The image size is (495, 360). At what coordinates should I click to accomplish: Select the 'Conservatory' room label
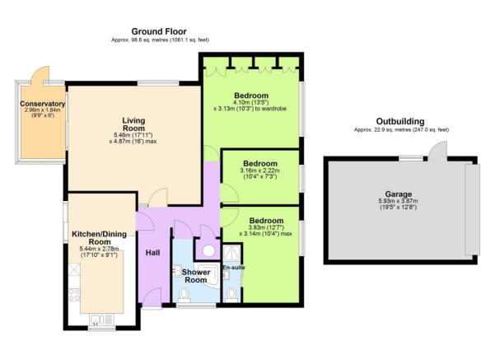point(43,105)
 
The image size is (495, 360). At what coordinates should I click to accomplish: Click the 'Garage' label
point(400,195)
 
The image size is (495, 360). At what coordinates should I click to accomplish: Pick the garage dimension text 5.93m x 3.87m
point(400,203)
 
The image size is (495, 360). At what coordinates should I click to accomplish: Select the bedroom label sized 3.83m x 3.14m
point(266,222)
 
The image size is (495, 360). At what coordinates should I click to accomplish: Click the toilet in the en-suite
point(231,293)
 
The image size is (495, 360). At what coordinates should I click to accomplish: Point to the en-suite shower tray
point(208,249)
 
